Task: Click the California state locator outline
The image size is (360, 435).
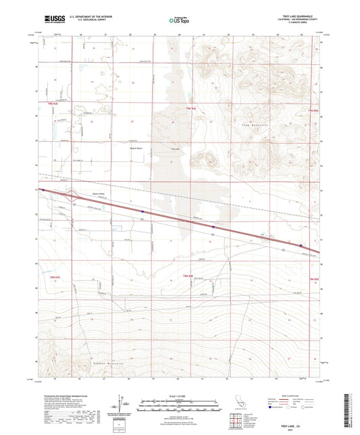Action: [x=236, y=403]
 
